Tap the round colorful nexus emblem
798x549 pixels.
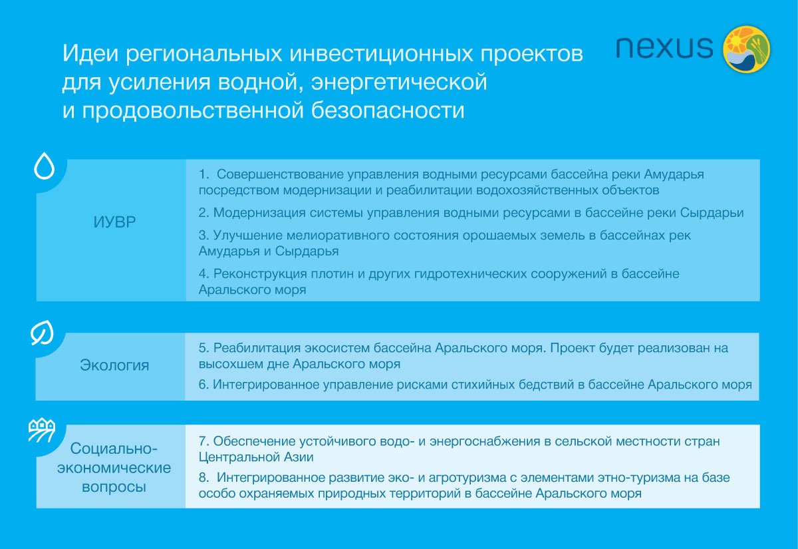[747, 49]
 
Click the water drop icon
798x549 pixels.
[44, 167]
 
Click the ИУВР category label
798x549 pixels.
[114, 222]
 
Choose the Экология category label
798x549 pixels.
[114, 365]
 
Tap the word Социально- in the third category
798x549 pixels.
[114, 448]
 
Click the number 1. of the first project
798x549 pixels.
[205, 174]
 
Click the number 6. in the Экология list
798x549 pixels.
[204, 385]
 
